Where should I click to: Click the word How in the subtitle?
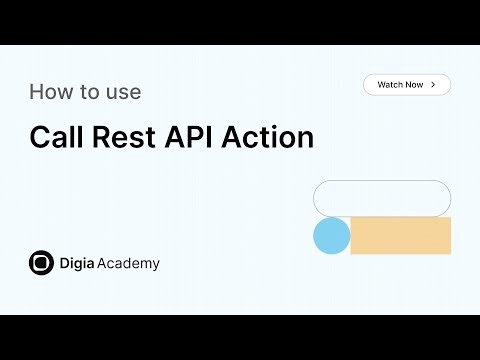tap(49, 92)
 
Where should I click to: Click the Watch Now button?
tap(406, 85)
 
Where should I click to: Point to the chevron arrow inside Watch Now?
tap(433, 85)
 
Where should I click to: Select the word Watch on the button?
tap(390, 85)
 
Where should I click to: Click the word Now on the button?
tap(414, 85)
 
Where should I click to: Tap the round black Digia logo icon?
tap(41, 263)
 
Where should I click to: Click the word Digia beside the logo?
tap(78, 264)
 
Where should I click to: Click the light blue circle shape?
tap(331, 236)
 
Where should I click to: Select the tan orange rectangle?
tap(400, 236)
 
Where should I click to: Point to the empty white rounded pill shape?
tap(382, 198)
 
